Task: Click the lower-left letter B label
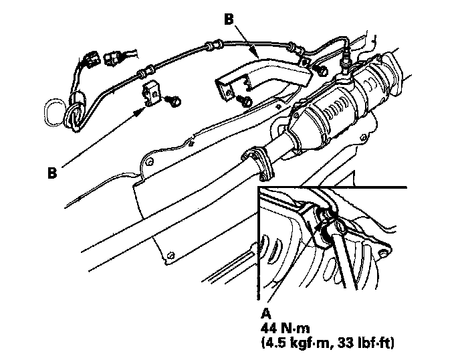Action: [x=53, y=173]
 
